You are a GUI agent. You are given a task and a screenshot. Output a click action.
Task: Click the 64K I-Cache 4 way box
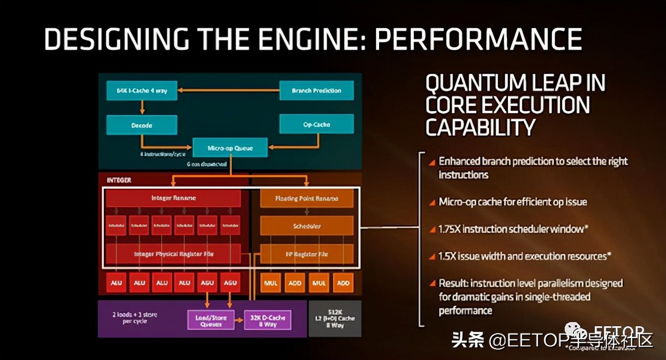142,91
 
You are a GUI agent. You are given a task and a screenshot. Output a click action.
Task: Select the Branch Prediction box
316,91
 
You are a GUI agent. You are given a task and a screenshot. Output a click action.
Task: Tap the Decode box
142,125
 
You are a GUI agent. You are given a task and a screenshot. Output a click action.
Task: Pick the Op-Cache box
316,124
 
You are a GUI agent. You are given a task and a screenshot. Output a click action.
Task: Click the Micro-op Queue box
230,148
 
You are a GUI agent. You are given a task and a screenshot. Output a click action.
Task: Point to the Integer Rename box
173,198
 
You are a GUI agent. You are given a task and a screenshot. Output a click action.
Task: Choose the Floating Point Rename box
306,198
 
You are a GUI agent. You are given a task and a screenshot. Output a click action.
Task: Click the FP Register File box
306,254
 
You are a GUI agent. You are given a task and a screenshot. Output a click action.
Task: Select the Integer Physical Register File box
173,254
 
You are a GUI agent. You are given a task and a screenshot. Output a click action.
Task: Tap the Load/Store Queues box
211,321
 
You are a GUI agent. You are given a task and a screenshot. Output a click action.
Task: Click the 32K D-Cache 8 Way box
267,321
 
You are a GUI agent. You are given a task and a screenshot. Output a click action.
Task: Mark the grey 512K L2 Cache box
335,318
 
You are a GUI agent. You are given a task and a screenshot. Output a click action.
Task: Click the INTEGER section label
119,180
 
